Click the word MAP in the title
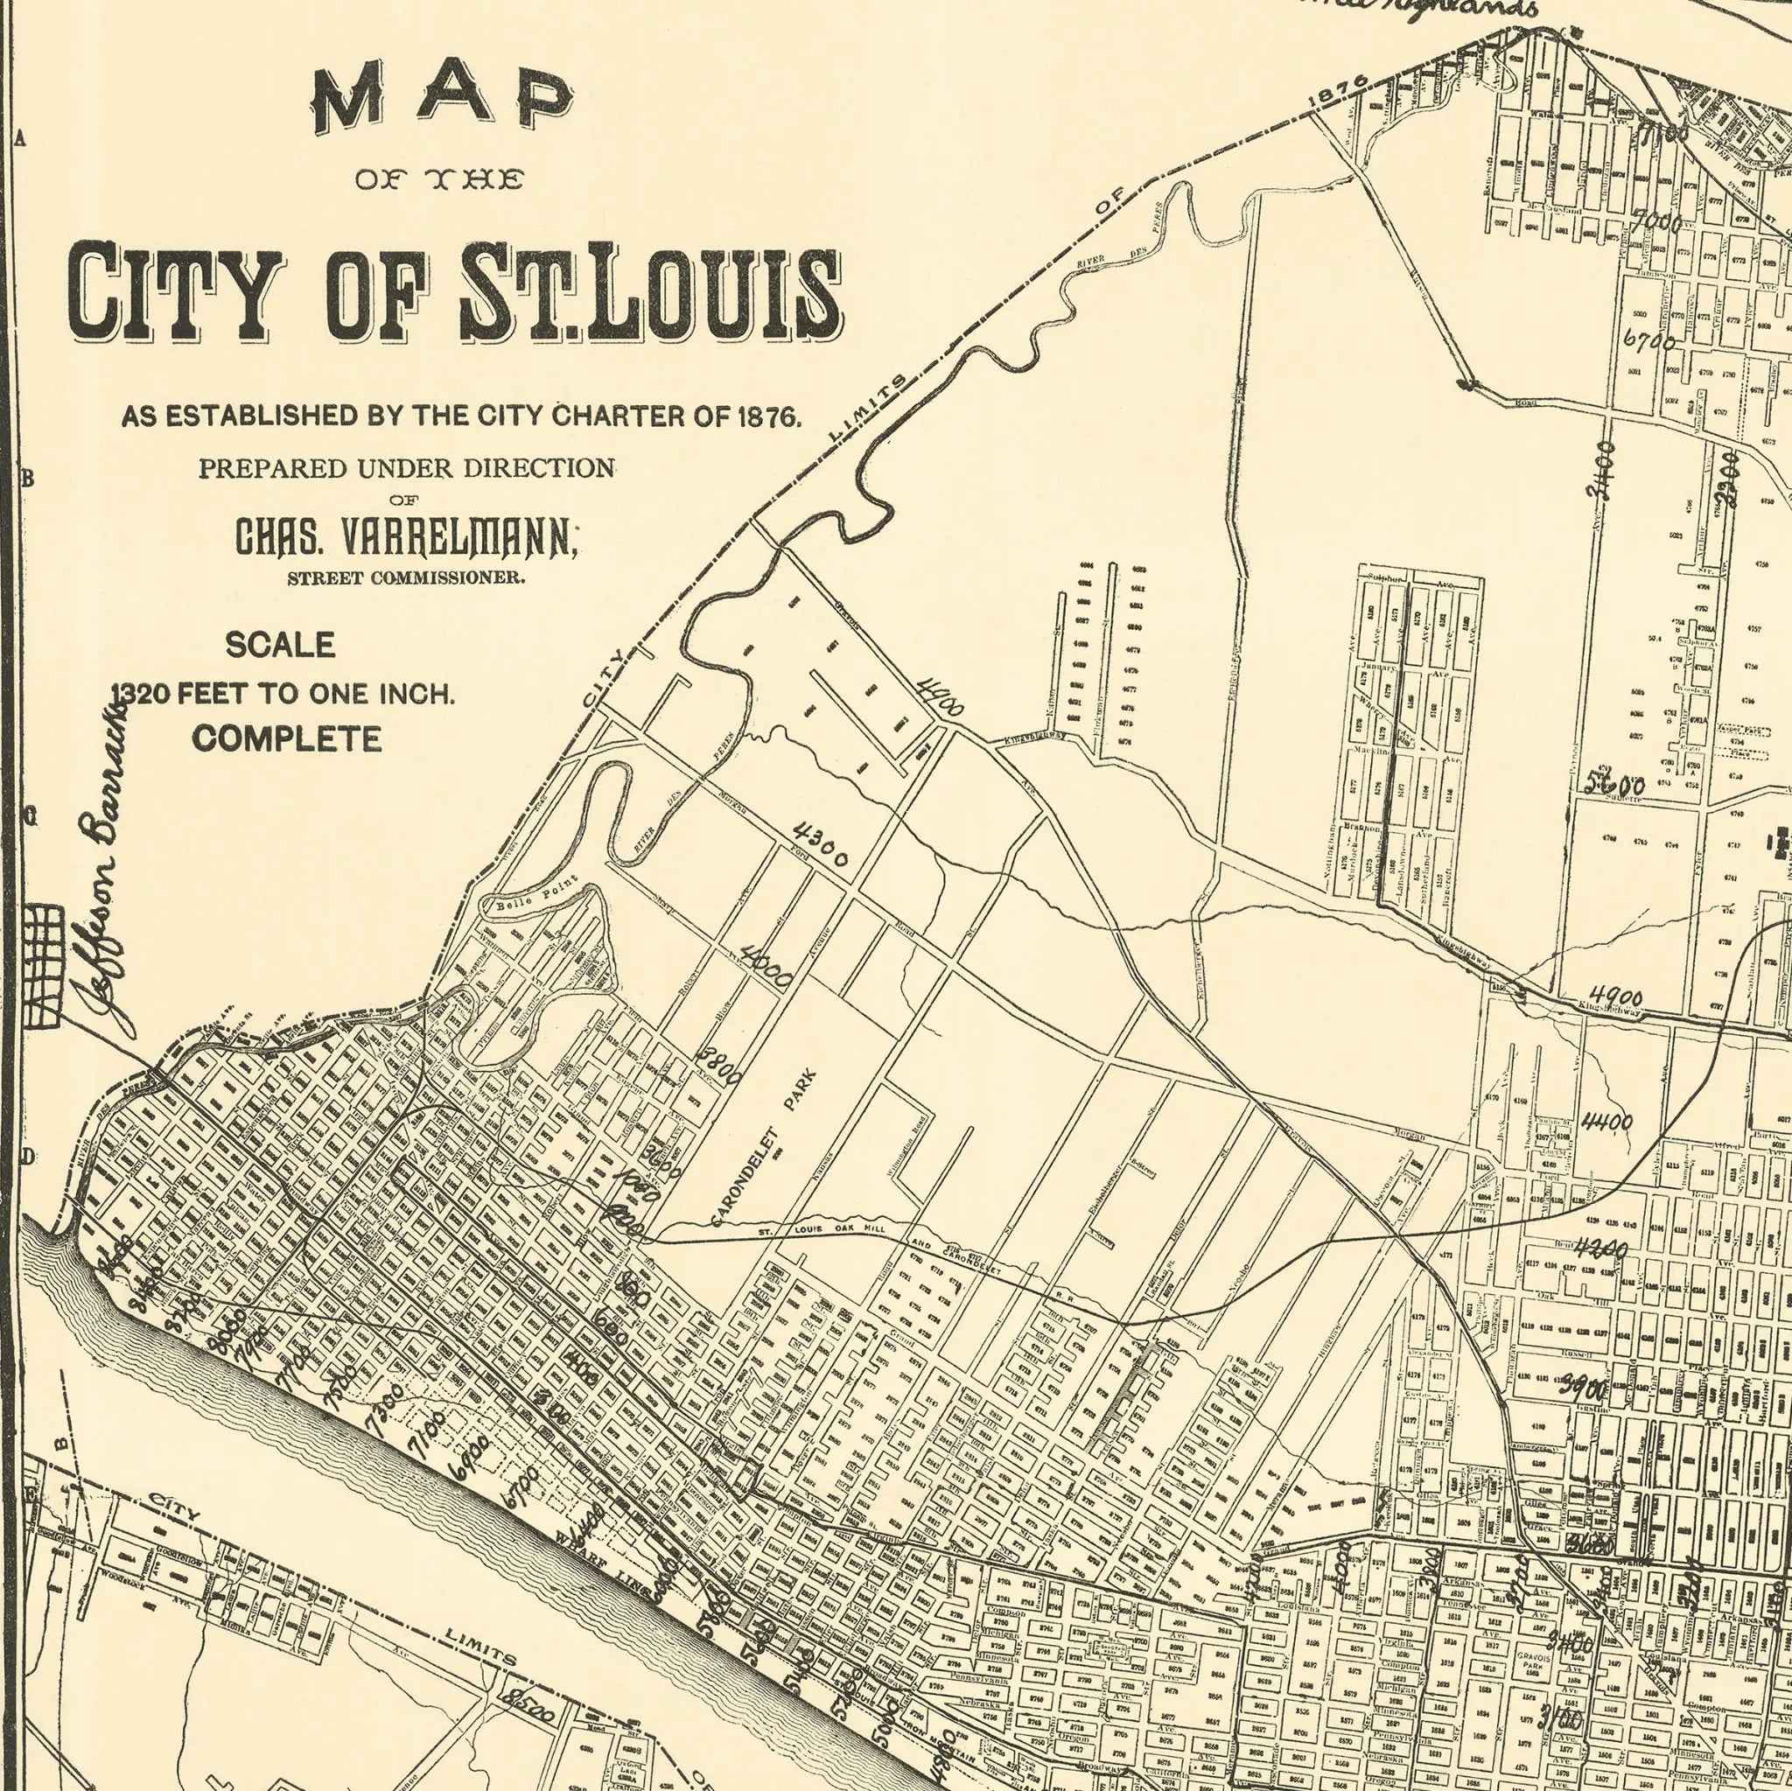click(444, 99)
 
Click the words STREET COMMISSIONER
click(406, 577)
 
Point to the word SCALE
click(280, 645)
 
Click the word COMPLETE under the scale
click(288, 739)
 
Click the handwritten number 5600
click(1615, 786)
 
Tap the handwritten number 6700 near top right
click(1650, 340)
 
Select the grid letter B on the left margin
click(28, 479)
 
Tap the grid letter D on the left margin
click(28, 1158)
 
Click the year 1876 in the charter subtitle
click(766, 417)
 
